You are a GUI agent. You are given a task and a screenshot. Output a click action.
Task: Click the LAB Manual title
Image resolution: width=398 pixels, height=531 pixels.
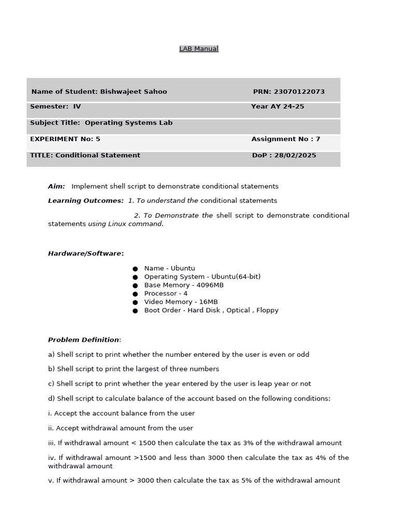click(x=198, y=49)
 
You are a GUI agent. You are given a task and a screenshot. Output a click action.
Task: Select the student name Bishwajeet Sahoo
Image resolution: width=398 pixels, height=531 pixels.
click(x=133, y=92)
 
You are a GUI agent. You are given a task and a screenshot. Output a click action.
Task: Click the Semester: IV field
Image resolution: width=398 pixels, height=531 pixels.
click(x=55, y=107)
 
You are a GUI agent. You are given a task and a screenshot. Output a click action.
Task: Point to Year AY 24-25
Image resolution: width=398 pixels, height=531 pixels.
click(x=277, y=107)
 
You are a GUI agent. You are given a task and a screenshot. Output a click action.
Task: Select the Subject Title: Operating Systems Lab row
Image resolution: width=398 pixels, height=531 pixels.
click(x=101, y=123)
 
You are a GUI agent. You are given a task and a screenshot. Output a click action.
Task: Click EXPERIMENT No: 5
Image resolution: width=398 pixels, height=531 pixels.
click(x=65, y=139)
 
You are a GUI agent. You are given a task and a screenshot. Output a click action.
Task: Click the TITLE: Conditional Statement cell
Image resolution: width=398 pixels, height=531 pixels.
click(x=85, y=156)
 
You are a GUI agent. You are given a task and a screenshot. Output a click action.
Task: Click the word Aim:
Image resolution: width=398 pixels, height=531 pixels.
click(x=56, y=186)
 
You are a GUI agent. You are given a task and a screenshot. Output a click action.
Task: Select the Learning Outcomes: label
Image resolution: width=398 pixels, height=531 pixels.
click(x=86, y=201)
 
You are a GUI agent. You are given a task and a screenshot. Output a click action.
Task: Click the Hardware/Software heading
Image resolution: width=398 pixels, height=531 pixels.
click(x=86, y=254)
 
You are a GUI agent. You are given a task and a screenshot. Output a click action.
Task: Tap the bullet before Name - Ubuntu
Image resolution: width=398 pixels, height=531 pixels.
click(x=135, y=269)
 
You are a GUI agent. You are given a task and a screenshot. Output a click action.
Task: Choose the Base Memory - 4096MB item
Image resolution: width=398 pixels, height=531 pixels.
click(x=184, y=285)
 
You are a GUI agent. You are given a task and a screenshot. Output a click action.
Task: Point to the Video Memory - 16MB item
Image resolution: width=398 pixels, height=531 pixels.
click(x=181, y=302)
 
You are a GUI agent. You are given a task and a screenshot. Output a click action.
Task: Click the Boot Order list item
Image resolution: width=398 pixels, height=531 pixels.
click(x=211, y=310)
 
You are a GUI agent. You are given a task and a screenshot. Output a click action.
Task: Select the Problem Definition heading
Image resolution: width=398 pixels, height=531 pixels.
click(x=83, y=340)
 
